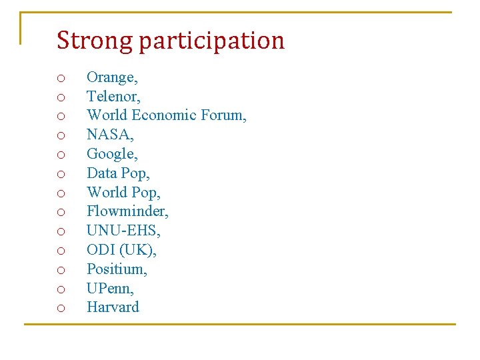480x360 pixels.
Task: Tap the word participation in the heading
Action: click(211, 41)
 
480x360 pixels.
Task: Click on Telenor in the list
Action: click(113, 97)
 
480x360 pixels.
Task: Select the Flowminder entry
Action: click(127, 212)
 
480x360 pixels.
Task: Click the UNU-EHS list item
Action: click(123, 231)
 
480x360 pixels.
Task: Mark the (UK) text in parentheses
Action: click(137, 250)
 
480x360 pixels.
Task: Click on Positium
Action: click(117, 269)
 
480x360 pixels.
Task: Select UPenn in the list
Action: click(110, 289)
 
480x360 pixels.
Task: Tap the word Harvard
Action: click(113, 307)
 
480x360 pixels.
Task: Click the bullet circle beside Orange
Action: click(61, 79)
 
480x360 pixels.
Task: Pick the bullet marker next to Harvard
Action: click(61, 309)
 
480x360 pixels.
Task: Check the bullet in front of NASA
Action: click(61, 136)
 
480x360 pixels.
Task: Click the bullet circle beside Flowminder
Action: click(61, 213)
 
